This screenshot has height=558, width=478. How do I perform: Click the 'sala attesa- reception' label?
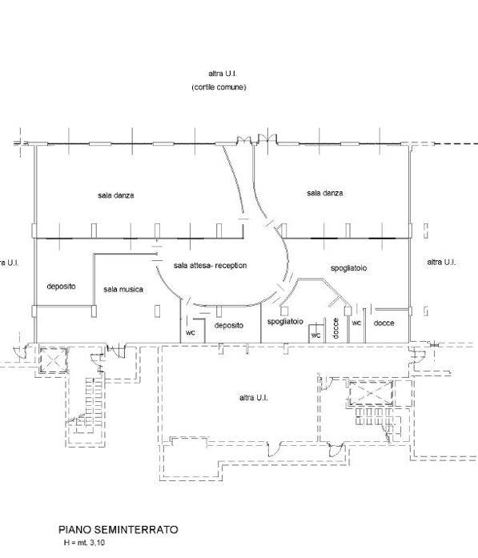click(x=210, y=266)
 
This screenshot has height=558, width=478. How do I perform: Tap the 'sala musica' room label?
click(x=123, y=289)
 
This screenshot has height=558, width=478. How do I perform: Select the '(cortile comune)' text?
click(x=219, y=87)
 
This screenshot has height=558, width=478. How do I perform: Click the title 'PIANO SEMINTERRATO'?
click(x=118, y=529)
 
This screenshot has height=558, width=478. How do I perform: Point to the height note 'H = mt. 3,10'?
click(x=84, y=543)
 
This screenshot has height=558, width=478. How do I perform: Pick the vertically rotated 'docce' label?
click(x=335, y=328)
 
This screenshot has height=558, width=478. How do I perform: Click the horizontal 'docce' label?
click(x=384, y=323)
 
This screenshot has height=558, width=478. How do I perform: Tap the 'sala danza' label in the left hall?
click(x=115, y=195)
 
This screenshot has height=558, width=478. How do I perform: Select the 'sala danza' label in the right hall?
click(x=325, y=193)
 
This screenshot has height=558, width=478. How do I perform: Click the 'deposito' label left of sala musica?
click(x=61, y=286)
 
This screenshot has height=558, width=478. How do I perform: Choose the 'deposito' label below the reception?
click(x=229, y=325)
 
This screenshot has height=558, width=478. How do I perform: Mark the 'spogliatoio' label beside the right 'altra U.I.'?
click(x=349, y=268)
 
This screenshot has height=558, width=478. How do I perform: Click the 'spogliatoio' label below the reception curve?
click(x=285, y=322)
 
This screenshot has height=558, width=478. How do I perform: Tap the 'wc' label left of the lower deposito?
click(x=191, y=332)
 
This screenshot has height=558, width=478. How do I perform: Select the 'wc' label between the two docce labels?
click(x=356, y=323)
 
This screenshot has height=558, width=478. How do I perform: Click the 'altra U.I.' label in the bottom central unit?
click(x=254, y=398)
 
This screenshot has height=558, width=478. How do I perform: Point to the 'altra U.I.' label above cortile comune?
click(x=223, y=74)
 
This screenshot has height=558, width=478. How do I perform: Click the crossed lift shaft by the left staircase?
click(x=53, y=360)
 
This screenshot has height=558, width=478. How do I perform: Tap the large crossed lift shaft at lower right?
click(x=371, y=393)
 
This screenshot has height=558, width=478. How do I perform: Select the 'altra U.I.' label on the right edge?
click(x=441, y=262)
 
